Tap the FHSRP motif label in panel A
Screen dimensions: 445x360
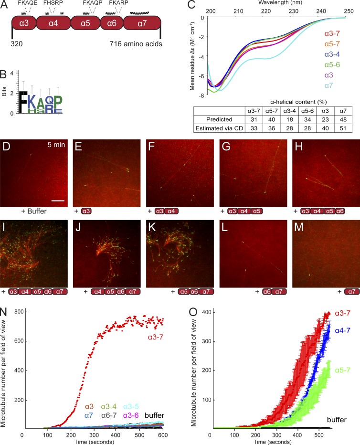(x=53, y=3)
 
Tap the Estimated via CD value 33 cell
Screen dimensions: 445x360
(x=253, y=127)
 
